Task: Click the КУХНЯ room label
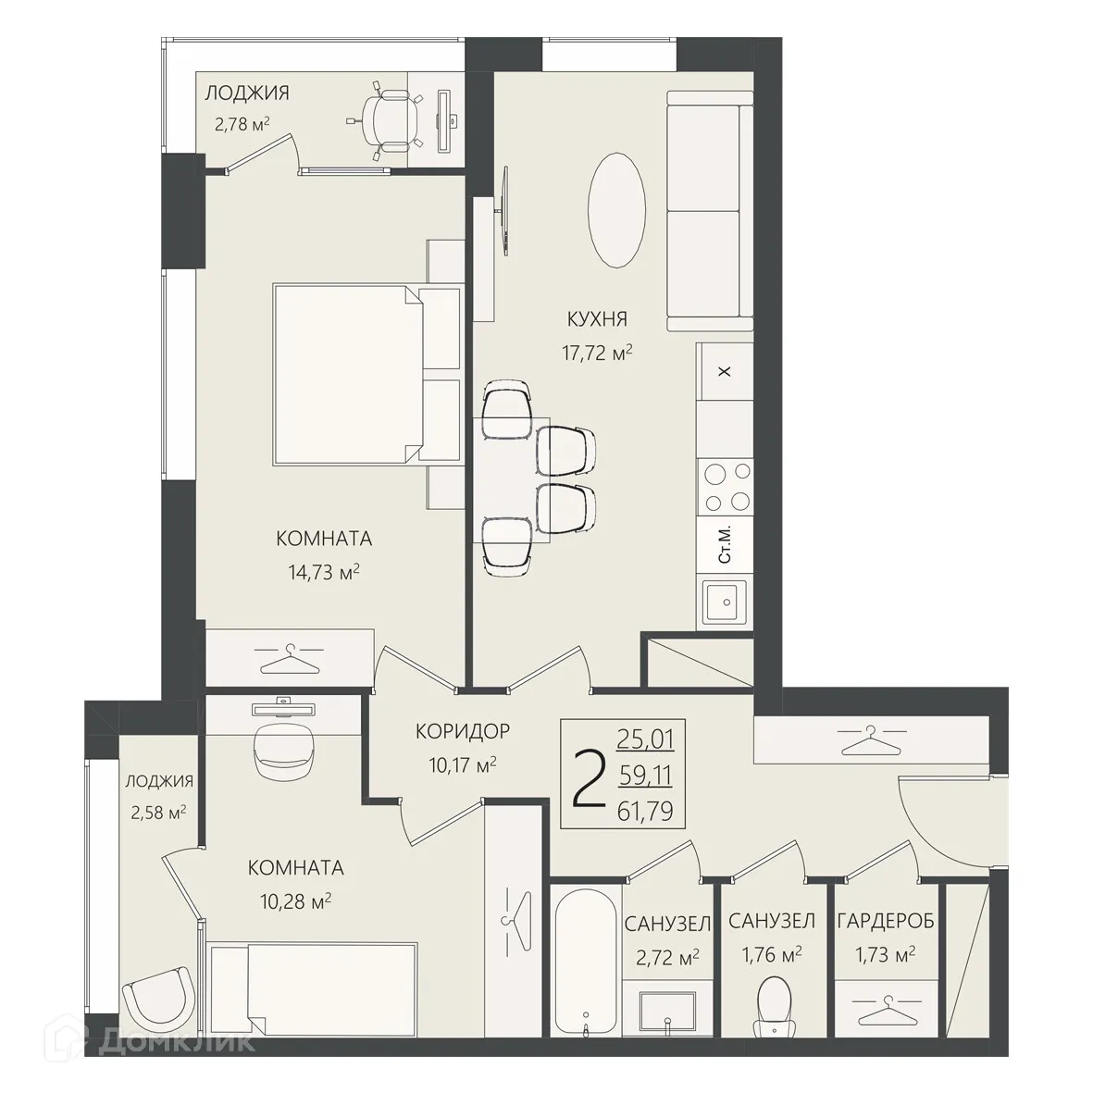click(597, 318)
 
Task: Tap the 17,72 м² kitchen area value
click(597, 353)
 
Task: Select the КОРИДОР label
click(463, 731)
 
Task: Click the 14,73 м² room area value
click(324, 572)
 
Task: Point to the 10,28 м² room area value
click(295, 901)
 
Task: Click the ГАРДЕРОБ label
click(886, 921)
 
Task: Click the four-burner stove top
click(726, 487)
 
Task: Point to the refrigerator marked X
click(725, 371)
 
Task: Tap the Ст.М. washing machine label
click(725, 544)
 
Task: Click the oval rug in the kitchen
click(616, 210)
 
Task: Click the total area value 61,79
click(645, 812)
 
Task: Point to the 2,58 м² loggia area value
click(158, 813)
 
